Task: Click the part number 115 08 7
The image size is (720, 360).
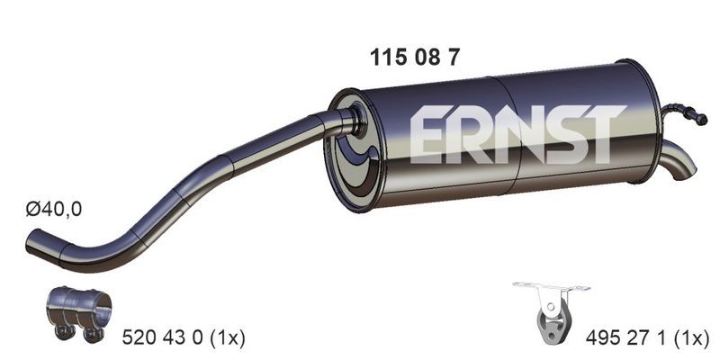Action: [x=416, y=55]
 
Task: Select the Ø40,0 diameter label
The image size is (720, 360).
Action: [x=54, y=209]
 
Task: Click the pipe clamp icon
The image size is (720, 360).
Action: [x=78, y=313]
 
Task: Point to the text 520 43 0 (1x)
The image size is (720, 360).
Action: [x=183, y=337]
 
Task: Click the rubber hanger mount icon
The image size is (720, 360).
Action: [x=551, y=311]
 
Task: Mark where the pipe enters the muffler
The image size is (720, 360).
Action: [x=346, y=121]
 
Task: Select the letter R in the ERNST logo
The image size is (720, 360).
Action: [x=472, y=134]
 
